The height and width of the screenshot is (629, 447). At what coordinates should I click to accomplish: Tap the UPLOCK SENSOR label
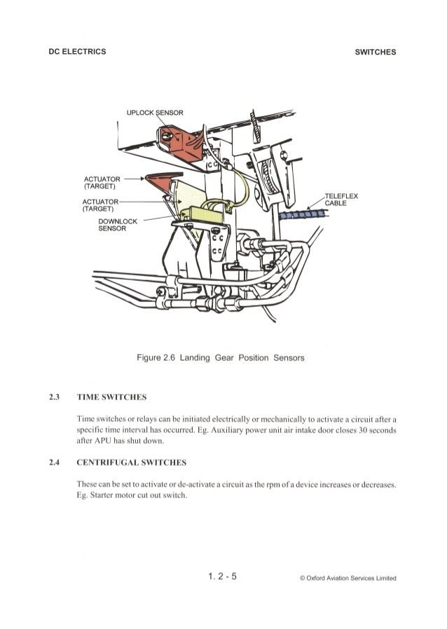pos(155,113)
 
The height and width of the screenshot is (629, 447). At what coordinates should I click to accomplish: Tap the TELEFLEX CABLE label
pos(343,200)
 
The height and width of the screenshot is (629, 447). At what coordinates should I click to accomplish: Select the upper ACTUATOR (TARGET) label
pos(99,181)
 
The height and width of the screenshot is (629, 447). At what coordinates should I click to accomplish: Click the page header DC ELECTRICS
pos(78,52)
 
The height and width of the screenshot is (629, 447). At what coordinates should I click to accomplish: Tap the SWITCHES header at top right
pos(376,52)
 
